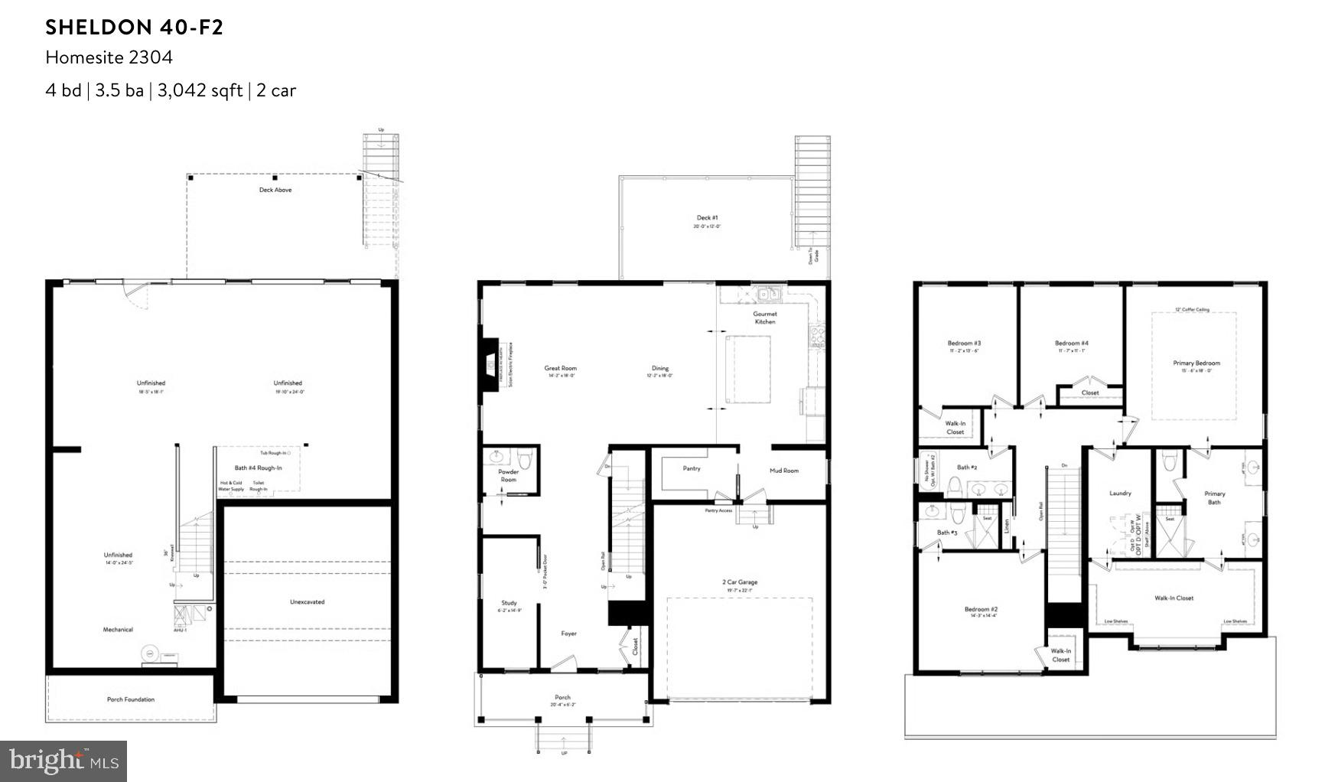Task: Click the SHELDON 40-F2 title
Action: (x=134, y=28)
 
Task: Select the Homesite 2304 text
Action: (x=109, y=57)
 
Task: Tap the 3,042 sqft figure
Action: (x=200, y=90)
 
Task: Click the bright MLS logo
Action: (x=63, y=761)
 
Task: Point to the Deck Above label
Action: (x=275, y=190)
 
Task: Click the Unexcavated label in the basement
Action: (x=307, y=601)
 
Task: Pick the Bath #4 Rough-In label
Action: (x=258, y=468)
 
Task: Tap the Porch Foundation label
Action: (x=130, y=699)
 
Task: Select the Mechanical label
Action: (x=118, y=630)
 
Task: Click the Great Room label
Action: (x=560, y=368)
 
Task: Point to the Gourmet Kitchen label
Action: (x=764, y=318)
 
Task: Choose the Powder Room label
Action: (x=508, y=475)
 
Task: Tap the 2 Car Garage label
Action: (x=740, y=582)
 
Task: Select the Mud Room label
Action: (x=784, y=471)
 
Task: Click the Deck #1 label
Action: (x=707, y=218)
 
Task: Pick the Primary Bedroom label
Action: (x=1196, y=363)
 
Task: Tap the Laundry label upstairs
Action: (x=1120, y=494)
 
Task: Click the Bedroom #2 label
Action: (x=981, y=610)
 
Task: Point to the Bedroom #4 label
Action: (x=1071, y=344)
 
